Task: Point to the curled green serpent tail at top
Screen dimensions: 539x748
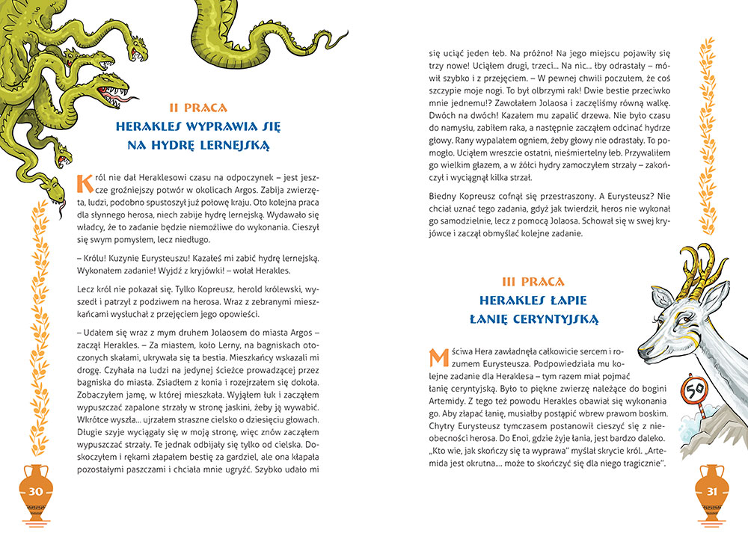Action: (x=224, y=37)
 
